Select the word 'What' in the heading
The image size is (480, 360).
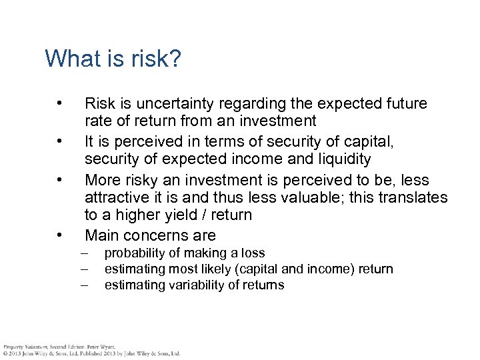69,59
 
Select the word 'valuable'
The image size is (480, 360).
319,198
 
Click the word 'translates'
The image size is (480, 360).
415,198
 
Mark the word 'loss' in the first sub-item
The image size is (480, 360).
253,253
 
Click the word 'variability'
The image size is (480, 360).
190,285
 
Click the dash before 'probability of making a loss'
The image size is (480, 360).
85,253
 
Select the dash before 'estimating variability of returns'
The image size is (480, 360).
85,285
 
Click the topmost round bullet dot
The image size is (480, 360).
60,104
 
